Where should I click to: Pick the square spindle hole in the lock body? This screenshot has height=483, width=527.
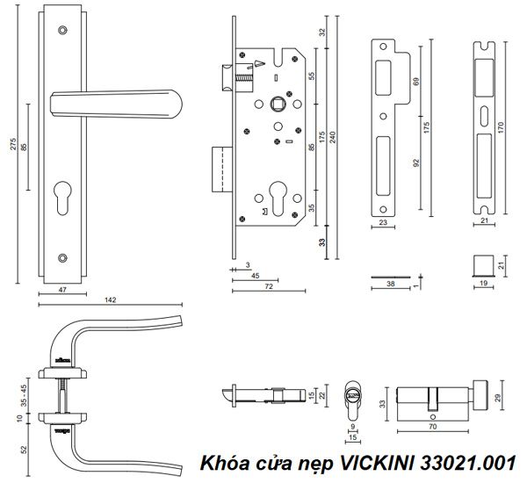pos(278,102)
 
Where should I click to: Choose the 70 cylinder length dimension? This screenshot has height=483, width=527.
pos(431,428)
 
